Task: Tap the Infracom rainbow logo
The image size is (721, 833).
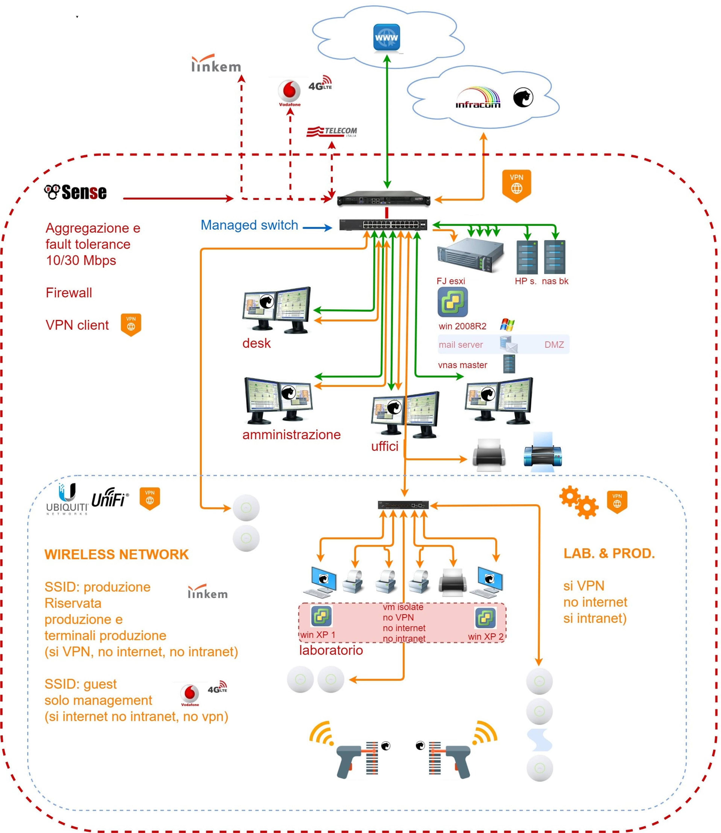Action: click(478, 98)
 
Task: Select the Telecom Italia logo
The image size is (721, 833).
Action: click(332, 132)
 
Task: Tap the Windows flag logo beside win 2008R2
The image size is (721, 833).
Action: click(507, 325)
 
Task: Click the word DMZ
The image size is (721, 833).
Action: click(554, 345)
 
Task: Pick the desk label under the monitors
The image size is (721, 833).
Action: click(256, 343)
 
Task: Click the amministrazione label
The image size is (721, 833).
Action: click(291, 434)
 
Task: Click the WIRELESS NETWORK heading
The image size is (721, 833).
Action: click(116, 554)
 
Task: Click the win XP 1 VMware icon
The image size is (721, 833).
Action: click(321, 616)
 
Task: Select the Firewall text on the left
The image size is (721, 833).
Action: click(69, 292)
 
